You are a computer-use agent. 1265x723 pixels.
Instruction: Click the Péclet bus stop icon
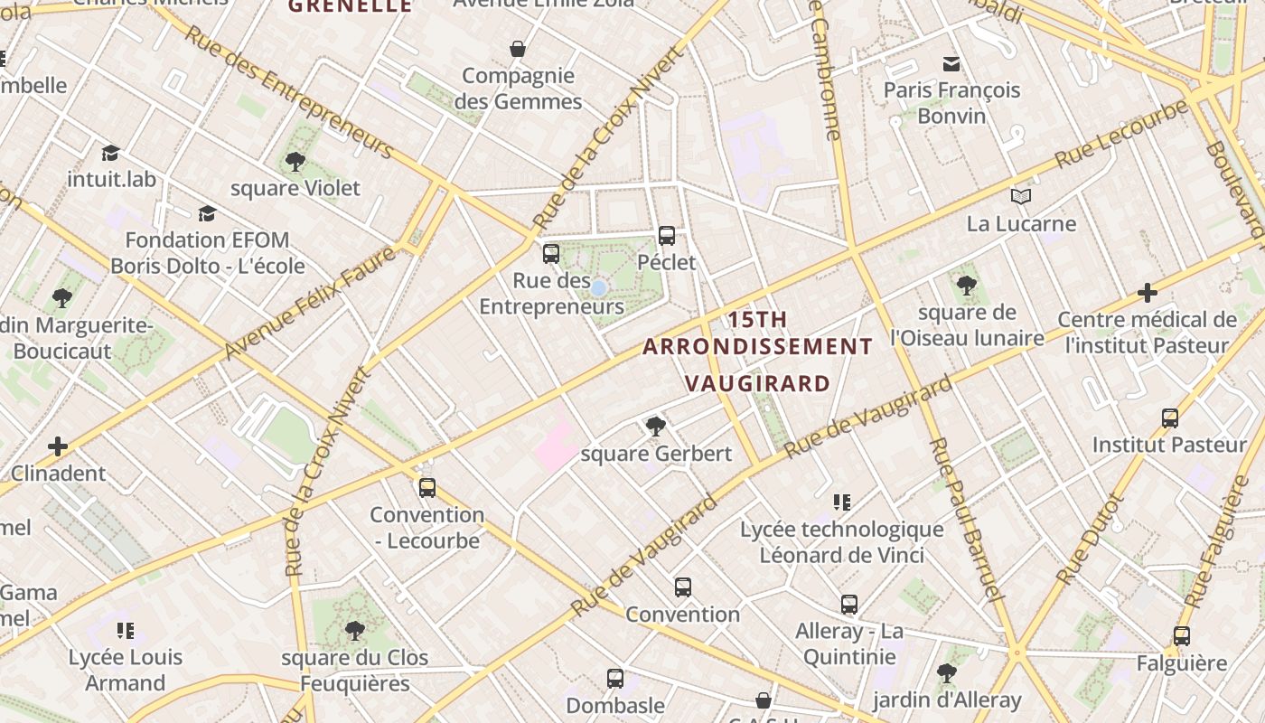667,236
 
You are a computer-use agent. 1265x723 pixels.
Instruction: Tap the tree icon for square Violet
295,162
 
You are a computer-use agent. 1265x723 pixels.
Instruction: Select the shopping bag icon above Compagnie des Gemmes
518,48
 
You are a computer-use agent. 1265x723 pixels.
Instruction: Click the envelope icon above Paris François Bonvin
951,63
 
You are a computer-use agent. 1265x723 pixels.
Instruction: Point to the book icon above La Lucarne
1021,196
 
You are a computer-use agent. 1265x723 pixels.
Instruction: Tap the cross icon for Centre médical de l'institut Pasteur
1147,293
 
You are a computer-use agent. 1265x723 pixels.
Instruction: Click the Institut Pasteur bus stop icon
1170,418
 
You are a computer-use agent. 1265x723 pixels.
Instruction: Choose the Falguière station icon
1181,636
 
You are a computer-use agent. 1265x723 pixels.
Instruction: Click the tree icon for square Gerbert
656,426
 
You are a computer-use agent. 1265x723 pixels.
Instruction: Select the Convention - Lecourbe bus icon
427,488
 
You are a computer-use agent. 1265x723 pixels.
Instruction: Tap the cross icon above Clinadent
58,446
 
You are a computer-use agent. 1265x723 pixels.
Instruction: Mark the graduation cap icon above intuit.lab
110,153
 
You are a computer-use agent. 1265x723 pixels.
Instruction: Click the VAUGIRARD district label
757,383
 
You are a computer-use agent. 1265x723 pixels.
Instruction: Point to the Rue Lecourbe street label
1120,133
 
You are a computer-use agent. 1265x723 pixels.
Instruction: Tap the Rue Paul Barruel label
965,520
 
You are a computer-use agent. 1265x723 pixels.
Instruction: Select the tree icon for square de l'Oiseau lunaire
967,286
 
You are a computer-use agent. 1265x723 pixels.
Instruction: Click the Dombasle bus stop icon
615,678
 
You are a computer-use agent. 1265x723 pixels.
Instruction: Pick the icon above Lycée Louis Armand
126,630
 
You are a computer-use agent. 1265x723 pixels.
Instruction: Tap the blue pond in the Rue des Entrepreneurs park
598,288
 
